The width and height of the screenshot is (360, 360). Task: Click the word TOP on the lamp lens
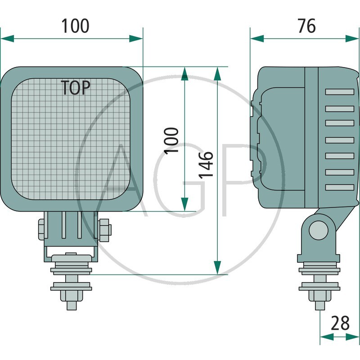click(76, 87)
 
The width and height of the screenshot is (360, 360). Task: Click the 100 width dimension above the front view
click(75, 26)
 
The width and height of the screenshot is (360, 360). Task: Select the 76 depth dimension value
click(306, 26)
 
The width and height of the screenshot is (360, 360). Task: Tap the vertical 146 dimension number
click(206, 165)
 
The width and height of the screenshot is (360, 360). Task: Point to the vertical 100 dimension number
click(171, 140)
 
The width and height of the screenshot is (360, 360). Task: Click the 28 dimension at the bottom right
click(341, 323)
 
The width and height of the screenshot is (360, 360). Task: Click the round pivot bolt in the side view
click(318, 230)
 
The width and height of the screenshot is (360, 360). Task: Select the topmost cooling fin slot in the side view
click(340, 92)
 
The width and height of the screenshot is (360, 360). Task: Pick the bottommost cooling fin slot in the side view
click(340, 187)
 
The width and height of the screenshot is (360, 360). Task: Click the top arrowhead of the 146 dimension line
click(217, 74)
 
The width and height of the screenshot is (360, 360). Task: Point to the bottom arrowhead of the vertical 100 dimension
click(184, 204)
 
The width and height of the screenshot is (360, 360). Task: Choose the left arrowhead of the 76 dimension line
click(256, 39)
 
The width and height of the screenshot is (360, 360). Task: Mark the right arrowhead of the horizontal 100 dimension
click(136, 39)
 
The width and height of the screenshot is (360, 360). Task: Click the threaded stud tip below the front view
click(72, 305)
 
